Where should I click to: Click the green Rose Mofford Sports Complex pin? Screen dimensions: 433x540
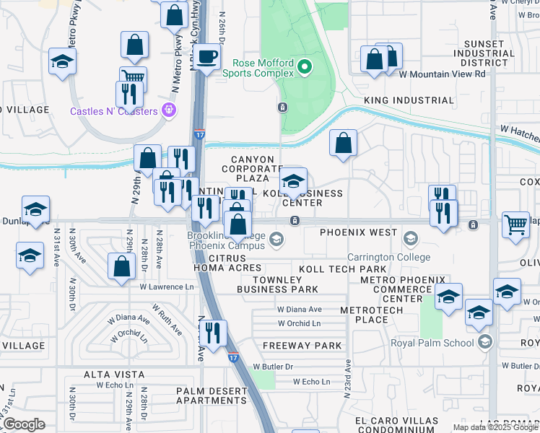click(305, 68)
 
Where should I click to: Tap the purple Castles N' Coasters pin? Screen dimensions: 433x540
click(170, 110)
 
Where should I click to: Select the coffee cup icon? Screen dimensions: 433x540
click(206, 56)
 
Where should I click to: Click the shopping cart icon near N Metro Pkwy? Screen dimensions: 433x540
click(133, 77)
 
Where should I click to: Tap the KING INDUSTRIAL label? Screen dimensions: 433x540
click(409, 101)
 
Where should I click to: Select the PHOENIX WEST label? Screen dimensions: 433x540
click(358, 233)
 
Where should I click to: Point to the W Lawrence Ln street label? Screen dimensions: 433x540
click(167, 287)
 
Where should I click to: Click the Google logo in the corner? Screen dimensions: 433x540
click(24, 424)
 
